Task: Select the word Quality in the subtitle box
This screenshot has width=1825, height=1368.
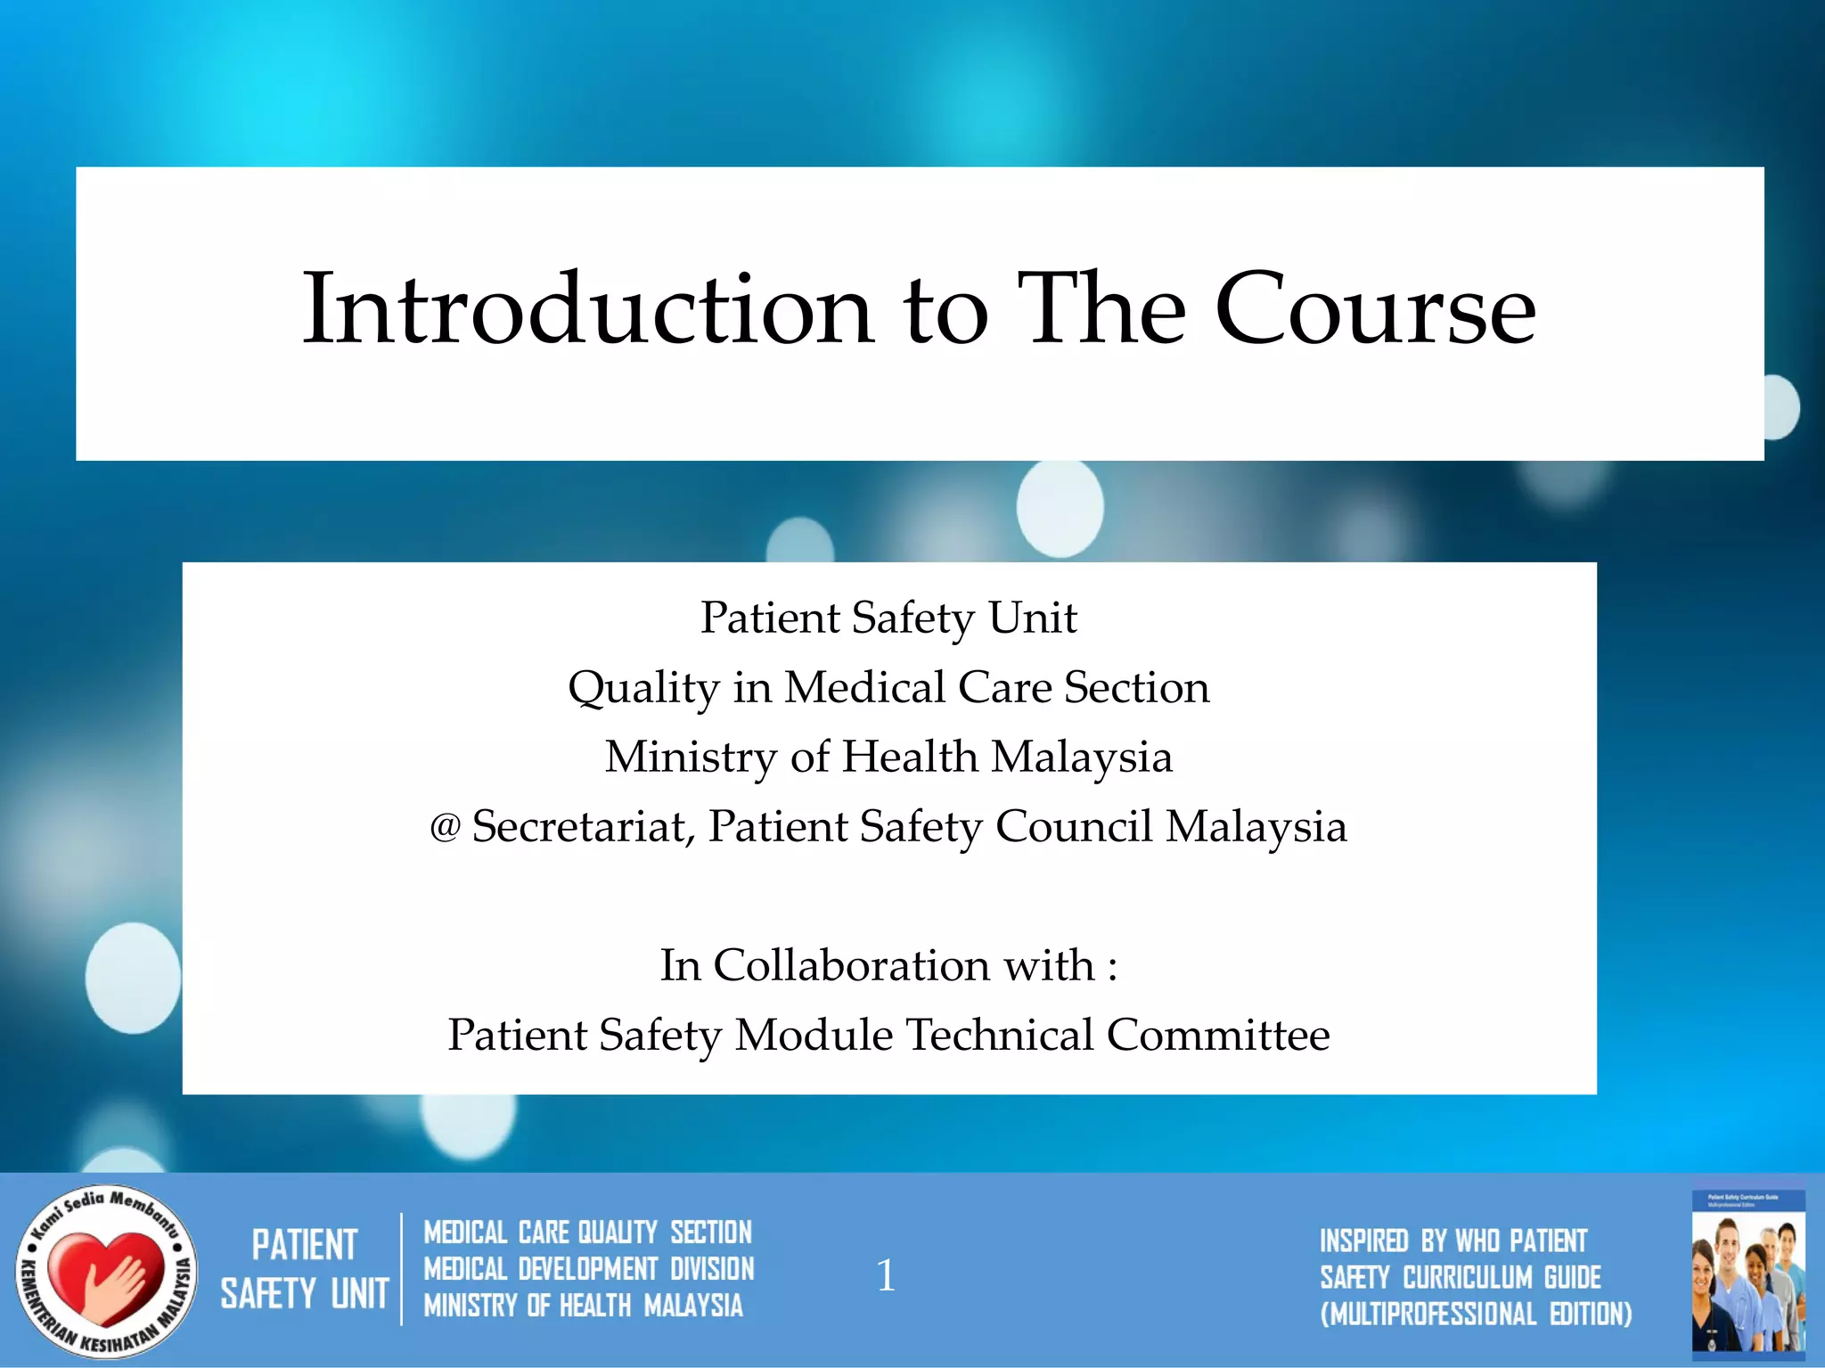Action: [x=643, y=689]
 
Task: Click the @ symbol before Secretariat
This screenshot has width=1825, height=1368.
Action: [x=445, y=828]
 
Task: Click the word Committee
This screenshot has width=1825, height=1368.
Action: [x=1218, y=1035]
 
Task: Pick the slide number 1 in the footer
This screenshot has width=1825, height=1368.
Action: [x=885, y=1275]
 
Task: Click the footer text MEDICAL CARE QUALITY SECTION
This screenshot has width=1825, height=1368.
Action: [x=588, y=1233]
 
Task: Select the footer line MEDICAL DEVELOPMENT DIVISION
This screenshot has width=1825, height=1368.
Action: [x=589, y=1269]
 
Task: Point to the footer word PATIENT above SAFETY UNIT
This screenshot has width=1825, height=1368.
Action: [x=305, y=1245]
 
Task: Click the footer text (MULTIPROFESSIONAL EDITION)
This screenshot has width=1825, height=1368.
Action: [x=1476, y=1314]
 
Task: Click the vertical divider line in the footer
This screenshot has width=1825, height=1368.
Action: [x=402, y=1269]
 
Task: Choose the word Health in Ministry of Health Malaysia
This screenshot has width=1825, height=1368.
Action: [x=910, y=758]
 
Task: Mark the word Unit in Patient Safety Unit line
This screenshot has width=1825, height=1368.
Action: [x=1033, y=618]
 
